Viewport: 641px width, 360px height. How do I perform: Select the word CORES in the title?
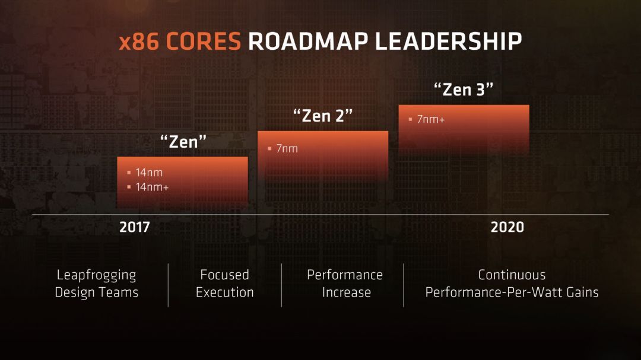[204, 41]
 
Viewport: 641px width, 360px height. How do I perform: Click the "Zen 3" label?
[464, 90]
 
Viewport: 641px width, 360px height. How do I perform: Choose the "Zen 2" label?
[323, 116]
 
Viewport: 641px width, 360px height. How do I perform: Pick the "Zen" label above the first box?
[183, 141]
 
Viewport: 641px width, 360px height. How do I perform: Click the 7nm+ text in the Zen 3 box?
[431, 119]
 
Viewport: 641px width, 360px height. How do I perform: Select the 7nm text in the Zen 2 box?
[287, 148]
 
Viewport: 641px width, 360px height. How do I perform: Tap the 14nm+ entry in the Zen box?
[152, 187]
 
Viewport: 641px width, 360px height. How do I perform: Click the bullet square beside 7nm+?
[410, 119]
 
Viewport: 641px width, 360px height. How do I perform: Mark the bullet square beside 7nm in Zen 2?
[269, 148]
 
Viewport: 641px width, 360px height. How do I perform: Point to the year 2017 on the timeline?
[135, 227]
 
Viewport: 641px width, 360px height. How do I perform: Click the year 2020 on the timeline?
[507, 227]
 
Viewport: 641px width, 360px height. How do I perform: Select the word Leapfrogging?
[96, 275]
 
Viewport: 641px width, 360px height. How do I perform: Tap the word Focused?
[224, 275]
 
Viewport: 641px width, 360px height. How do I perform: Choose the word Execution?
[224, 292]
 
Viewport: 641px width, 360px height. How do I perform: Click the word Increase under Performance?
[346, 292]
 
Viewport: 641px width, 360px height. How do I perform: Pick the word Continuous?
[512, 275]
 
